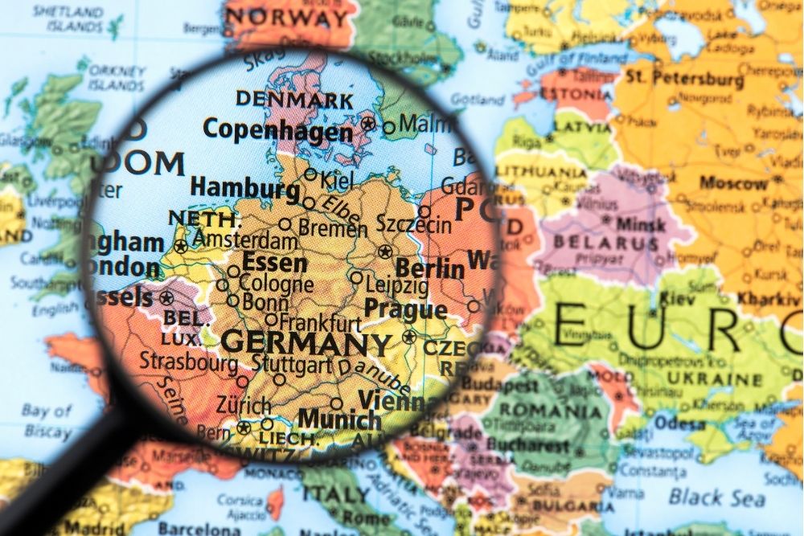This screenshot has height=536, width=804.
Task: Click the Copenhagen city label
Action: (277, 129)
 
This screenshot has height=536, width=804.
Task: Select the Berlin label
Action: (430, 268)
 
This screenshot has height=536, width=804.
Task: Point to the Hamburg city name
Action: (244, 189)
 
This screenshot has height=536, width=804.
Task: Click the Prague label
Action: (405, 309)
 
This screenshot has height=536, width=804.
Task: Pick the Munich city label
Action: (339, 419)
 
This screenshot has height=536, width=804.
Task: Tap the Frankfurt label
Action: (320, 323)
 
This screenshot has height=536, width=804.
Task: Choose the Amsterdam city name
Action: (244, 240)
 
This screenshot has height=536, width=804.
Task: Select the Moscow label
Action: (733, 182)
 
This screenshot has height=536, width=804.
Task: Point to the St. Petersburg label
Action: (685, 79)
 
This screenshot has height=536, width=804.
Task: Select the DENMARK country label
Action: (294, 100)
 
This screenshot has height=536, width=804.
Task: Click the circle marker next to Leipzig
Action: (356, 278)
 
